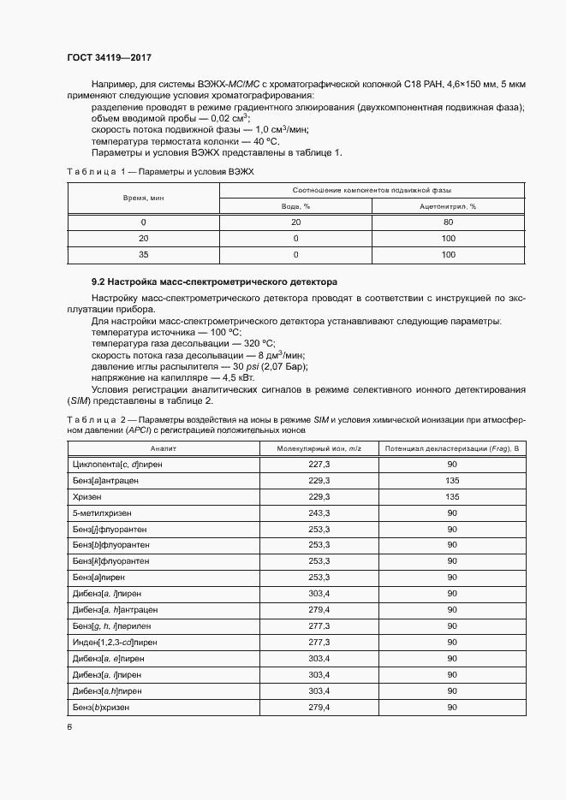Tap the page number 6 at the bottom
[69, 726]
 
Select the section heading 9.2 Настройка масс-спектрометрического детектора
[214, 281]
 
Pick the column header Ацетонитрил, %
[447, 206]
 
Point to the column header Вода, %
[295, 206]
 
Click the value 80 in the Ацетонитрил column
[447, 222]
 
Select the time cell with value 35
[143, 254]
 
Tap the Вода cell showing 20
[295, 222]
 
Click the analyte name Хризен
[87, 496]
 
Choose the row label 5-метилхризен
[98, 513]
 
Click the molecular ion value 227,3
[319, 465]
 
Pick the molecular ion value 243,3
[319, 513]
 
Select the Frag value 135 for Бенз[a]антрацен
[452, 481]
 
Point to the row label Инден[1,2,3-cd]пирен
[115, 642]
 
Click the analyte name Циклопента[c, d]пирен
[117, 465]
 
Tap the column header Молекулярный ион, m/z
[319, 448]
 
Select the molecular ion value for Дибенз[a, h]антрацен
[319, 609]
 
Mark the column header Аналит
[163, 448]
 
